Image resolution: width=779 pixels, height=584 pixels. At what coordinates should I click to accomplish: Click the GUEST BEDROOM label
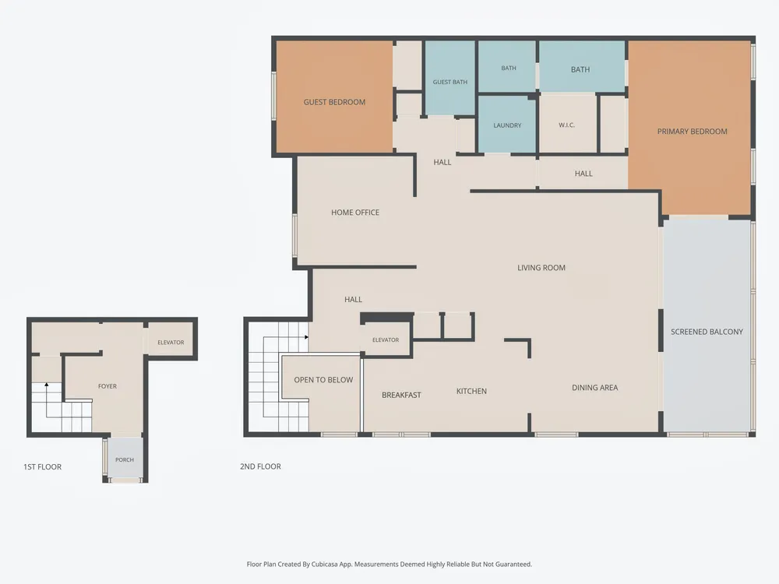tap(334, 102)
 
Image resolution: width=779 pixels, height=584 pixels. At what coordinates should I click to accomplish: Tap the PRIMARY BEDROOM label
tap(692, 131)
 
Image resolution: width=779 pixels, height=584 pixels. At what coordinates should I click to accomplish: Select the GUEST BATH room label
tap(449, 82)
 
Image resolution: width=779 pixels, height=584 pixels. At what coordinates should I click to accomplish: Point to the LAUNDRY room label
tap(507, 125)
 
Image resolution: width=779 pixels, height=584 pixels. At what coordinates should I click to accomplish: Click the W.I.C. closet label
tap(566, 125)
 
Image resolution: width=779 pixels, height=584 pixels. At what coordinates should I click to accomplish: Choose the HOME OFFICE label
tap(355, 212)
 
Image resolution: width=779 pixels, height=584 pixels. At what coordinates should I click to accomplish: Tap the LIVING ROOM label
tap(541, 268)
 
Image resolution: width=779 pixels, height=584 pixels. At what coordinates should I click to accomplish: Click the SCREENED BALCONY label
tap(707, 332)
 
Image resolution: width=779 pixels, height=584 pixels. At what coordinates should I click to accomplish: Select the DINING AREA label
tap(594, 387)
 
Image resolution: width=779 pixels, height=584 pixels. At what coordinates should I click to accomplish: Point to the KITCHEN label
tap(471, 391)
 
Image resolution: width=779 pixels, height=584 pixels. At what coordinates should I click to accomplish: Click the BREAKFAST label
tap(401, 395)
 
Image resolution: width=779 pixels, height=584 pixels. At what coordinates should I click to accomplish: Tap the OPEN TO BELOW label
tap(323, 379)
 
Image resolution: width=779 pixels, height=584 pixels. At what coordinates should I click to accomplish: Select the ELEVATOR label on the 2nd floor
tap(386, 339)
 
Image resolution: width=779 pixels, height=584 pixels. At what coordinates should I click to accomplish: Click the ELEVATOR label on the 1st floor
tap(171, 342)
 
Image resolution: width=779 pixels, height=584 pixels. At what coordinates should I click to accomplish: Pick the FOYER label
tap(108, 386)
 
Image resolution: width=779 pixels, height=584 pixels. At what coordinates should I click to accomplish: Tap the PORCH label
tap(124, 459)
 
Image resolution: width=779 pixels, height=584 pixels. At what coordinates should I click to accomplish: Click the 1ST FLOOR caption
tap(42, 466)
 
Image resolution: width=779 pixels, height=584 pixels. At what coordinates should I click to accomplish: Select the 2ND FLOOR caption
tap(260, 466)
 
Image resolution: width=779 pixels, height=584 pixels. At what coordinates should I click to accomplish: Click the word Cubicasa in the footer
tap(326, 564)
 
